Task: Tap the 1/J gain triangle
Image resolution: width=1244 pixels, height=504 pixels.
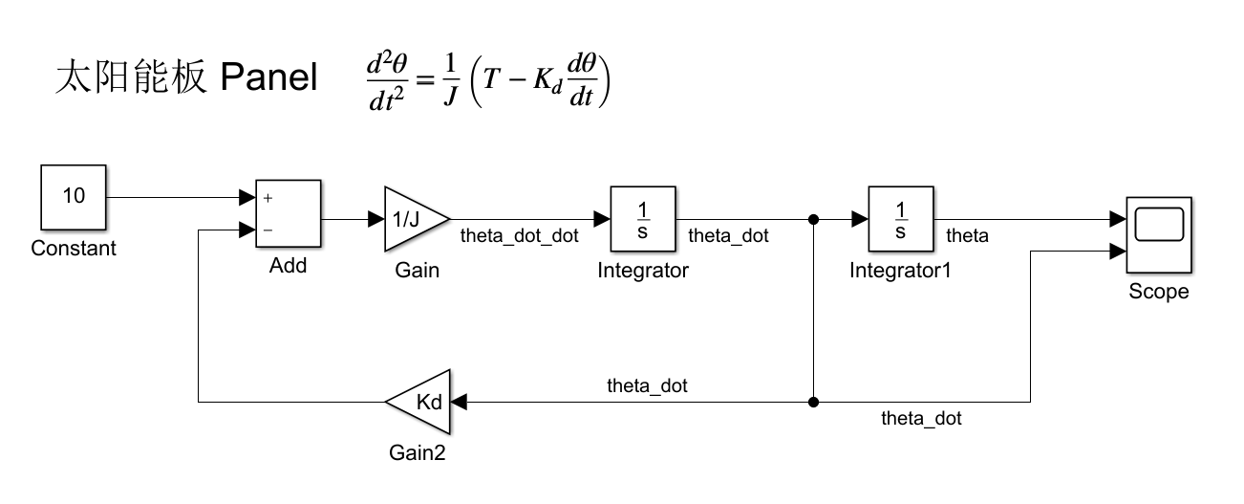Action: [x=414, y=219]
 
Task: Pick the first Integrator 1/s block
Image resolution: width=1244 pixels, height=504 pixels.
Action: [x=643, y=219]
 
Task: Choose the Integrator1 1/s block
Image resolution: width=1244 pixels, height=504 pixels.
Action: [x=901, y=219]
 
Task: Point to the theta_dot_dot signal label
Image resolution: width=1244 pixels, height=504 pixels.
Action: [x=519, y=236]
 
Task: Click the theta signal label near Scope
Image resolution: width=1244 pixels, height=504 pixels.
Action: [x=967, y=236]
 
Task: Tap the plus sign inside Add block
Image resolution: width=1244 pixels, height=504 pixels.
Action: [x=268, y=199]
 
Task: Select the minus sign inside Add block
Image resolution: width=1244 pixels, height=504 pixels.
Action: [x=268, y=230]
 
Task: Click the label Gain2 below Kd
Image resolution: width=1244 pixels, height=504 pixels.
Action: [x=417, y=452]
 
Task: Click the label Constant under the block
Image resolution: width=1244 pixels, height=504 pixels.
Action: [x=74, y=249]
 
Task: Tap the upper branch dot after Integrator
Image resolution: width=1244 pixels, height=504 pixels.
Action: [x=813, y=219]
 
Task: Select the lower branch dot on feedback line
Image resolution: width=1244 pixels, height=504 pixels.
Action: [x=813, y=402]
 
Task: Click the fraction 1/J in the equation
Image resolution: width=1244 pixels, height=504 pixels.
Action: [x=448, y=81]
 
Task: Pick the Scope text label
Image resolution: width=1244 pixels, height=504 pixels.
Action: [x=1159, y=293]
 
